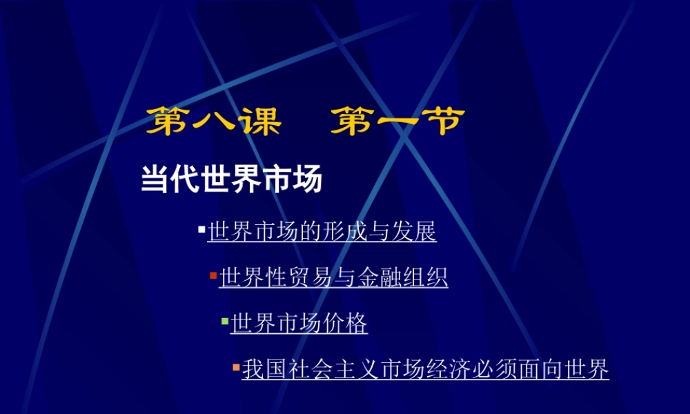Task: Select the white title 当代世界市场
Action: [x=232, y=180]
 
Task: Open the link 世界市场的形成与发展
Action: [x=322, y=232]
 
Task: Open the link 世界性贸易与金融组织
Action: [x=333, y=277]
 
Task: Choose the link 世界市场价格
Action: [x=299, y=323]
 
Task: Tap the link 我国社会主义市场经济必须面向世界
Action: [x=425, y=370]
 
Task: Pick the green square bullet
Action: [x=224, y=321]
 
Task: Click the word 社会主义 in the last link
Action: [x=310, y=370]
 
